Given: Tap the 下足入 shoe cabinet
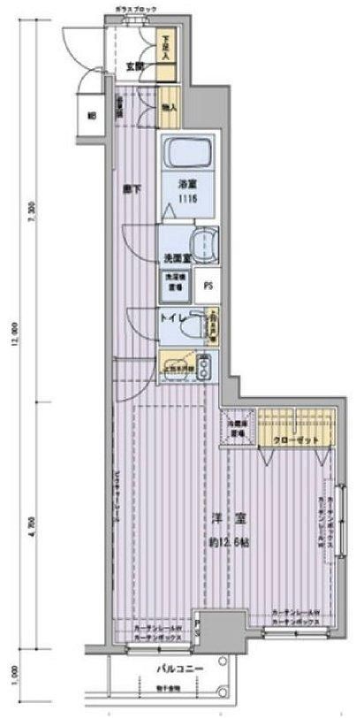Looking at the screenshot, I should click(165, 44).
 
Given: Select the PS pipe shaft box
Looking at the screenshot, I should click(209, 286).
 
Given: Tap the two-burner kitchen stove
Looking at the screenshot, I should click(204, 364).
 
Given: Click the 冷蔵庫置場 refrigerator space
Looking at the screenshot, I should click(236, 426).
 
